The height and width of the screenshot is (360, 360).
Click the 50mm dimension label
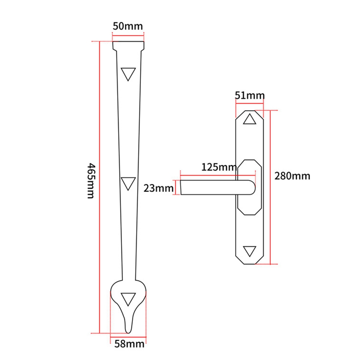(x=128, y=26)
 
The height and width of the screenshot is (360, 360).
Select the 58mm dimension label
(x=129, y=344)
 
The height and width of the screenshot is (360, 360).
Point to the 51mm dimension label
(x=249, y=96)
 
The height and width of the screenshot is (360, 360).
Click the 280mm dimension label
(x=292, y=176)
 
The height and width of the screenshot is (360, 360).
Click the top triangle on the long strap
(x=128, y=73)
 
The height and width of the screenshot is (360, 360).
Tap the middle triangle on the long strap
(x=128, y=183)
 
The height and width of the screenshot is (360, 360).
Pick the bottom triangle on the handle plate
(x=249, y=251)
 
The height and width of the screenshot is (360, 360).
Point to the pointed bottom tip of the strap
(x=128, y=329)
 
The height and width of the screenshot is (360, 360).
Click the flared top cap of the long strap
(x=128, y=46)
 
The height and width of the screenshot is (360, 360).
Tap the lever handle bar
(x=216, y=188)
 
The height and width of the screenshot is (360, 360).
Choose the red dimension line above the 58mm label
(x=128, y=333)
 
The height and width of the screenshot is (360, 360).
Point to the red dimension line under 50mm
(x=128, y=35)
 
